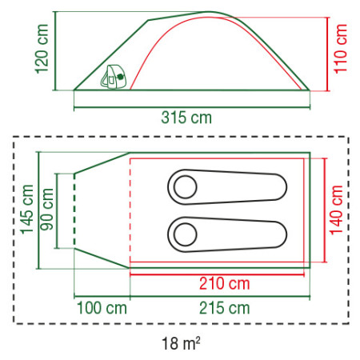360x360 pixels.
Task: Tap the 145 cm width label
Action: [27, 210]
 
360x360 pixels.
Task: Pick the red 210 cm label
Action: [223, 284]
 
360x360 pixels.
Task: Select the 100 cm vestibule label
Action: [102, 307]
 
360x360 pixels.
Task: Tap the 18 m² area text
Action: [180, 345]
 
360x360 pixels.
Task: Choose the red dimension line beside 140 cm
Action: [325, 210]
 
